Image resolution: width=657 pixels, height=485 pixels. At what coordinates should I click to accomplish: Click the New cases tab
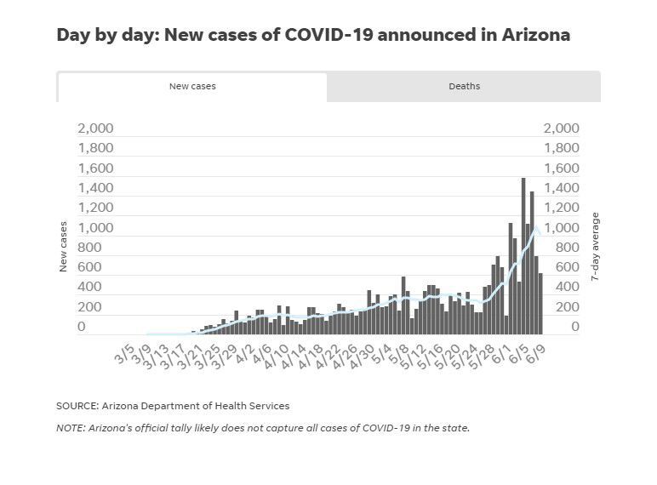coord(192,86)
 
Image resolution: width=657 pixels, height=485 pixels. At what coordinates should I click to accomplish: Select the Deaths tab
coord(464,86)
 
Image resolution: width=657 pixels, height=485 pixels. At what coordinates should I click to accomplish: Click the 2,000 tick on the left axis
coord(94,128)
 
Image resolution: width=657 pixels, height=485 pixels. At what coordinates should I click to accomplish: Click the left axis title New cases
coord(63,247)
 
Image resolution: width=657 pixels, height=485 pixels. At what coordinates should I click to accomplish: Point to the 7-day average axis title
coord(596,247)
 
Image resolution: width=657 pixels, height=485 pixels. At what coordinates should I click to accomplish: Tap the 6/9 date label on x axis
coord(536,351)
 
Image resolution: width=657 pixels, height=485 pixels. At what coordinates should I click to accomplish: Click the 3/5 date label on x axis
coord(124,351)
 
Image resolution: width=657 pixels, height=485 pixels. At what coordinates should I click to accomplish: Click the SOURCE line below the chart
coord(173,406)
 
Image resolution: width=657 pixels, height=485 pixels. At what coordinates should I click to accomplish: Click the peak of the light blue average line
coord(535,228)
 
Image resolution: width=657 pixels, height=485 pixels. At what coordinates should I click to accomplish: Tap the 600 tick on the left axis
coord(89,267)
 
